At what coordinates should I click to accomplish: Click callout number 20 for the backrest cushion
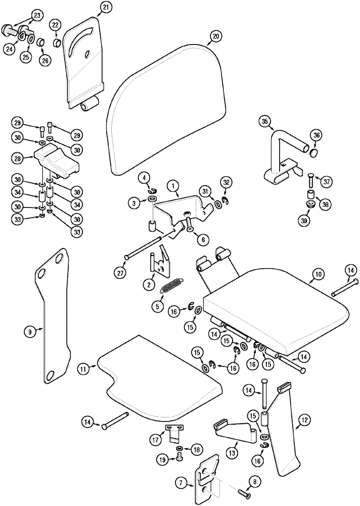[x=216, y=36]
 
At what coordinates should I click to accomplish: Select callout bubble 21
[x=105, y=7]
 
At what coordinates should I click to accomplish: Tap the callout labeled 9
[x=30, y=332]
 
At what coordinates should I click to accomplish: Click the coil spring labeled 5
[x=171, y=286]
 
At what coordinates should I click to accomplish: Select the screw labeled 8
[x=245, y=491]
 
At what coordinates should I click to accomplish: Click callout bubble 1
[x=173, y=187]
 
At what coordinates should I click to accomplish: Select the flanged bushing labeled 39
[x=309, y=204]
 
